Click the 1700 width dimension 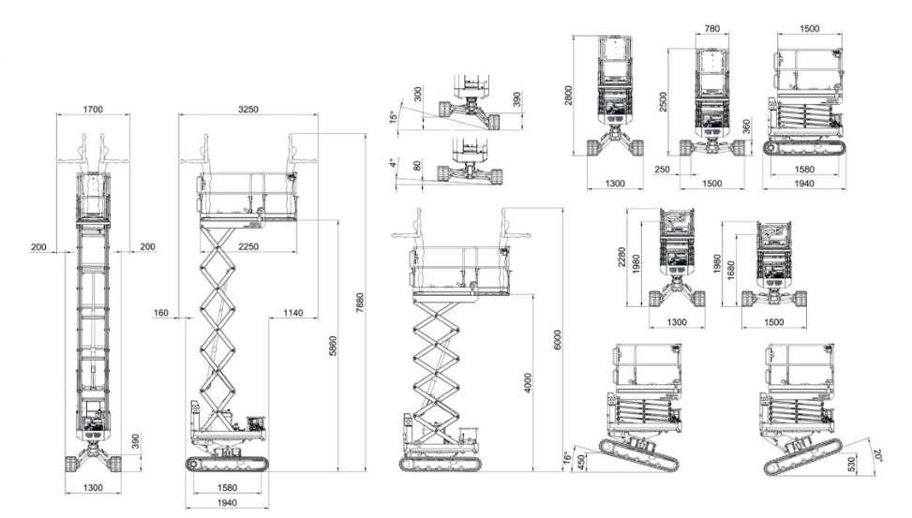[x=93, y=109]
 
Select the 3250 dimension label [x=248, y=109]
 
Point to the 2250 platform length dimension [x=248, y=246]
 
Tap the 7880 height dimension [x=360, y=303]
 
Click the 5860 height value [x=333, y=346]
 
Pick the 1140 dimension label [x=293, y=313]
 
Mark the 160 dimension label [x=160, y=313]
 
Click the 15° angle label [x=394, y=117]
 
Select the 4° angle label [x=394, y=163]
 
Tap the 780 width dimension [x=712, y=28]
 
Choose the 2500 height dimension [x=664, y=102]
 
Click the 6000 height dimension [x=558, y=340]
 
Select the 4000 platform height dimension [x=528, y=382]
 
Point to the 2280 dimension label [x=621, y=257]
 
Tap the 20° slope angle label [x=877, y=455]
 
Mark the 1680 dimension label [x=731, y=271]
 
